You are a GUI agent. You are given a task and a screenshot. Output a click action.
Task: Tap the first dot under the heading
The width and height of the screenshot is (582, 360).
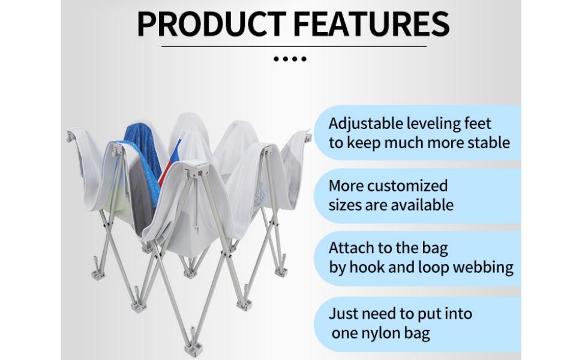coord(276,59)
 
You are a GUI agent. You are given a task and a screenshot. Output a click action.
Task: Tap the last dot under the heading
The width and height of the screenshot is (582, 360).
coord(304,59)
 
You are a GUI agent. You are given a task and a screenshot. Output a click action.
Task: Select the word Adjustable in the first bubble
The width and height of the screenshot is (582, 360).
coord(367,124)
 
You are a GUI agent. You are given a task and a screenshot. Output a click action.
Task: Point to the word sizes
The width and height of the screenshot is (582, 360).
coord(347,205)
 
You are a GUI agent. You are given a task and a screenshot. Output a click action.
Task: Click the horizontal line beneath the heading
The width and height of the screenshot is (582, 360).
coord(294,46)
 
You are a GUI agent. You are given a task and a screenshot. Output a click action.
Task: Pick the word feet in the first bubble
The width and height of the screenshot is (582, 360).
coord(479,124)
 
